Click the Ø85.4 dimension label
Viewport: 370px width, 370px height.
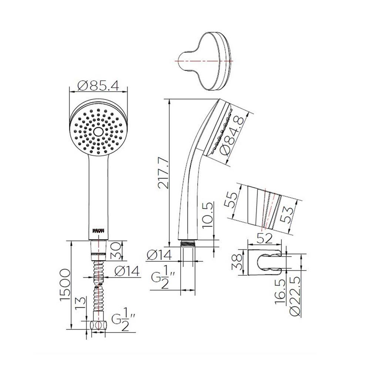point(98,86)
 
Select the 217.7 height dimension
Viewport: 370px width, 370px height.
point(163,172)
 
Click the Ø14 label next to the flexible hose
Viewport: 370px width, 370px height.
point(126,272)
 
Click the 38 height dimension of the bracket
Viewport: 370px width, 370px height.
point(235,262)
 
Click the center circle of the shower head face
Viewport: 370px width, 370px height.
point(98,131)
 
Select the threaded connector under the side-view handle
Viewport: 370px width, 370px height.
point(188,244)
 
